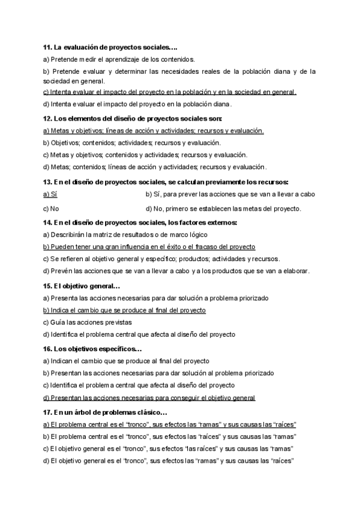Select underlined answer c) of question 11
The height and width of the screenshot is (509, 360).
tap(170, 92)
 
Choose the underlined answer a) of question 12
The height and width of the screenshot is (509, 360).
tap(154, 131)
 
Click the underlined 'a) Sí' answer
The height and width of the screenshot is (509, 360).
tap(50, 194)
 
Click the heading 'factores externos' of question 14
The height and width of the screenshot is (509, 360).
tap(140, 223)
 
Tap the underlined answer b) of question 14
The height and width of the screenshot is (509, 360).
tap(149, 247)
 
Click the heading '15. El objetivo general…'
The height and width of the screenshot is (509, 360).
tap(82, 286)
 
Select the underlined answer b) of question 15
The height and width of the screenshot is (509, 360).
tap(124, 310)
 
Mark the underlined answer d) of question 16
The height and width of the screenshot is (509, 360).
tap(149, 397)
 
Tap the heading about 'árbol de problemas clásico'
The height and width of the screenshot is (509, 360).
tap(105, 412)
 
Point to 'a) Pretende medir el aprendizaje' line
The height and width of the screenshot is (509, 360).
tap(119, 59)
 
